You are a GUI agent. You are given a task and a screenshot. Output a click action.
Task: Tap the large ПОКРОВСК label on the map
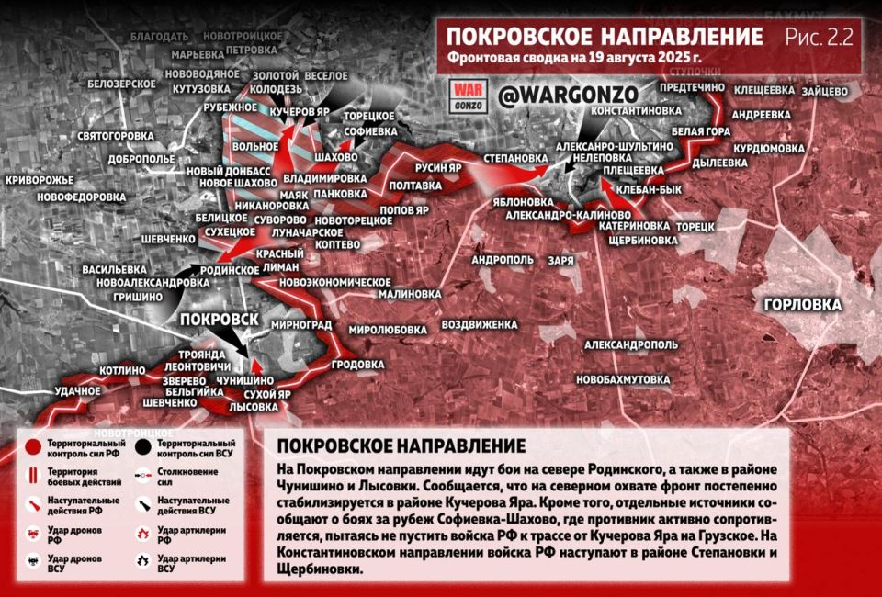coord(218,320)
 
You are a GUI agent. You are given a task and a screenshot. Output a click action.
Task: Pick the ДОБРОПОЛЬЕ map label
coord(141,159)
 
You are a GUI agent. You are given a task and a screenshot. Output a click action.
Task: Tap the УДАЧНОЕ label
coord(77,391)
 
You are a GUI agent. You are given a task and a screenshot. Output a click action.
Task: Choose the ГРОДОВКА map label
coord(356,364)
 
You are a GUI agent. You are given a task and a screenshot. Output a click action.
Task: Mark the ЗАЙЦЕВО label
coord(824,91)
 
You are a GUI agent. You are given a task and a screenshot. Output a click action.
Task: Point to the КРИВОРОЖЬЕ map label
coord(39,180)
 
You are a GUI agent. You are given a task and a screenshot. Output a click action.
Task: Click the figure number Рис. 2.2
coord(820,37)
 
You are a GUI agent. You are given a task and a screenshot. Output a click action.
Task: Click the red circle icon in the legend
coord(32,447)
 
